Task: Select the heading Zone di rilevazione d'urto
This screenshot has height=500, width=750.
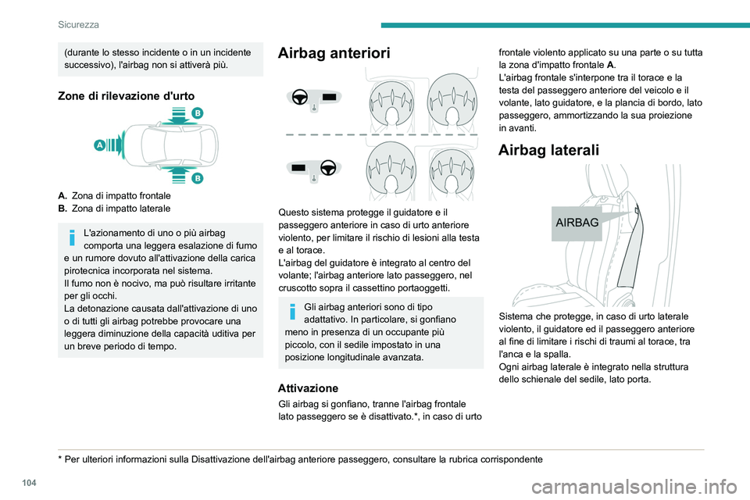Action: coord(123,95)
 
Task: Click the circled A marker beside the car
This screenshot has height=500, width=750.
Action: coord(99,145)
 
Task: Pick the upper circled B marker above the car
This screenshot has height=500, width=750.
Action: coord(198,113)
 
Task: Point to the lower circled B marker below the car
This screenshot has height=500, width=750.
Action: coord(198,179)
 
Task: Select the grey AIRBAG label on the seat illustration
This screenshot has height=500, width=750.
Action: coord(577,223)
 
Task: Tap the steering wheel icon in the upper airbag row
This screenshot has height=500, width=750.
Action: coord(299,97)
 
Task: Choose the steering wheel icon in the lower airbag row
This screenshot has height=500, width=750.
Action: coord(327,167)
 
